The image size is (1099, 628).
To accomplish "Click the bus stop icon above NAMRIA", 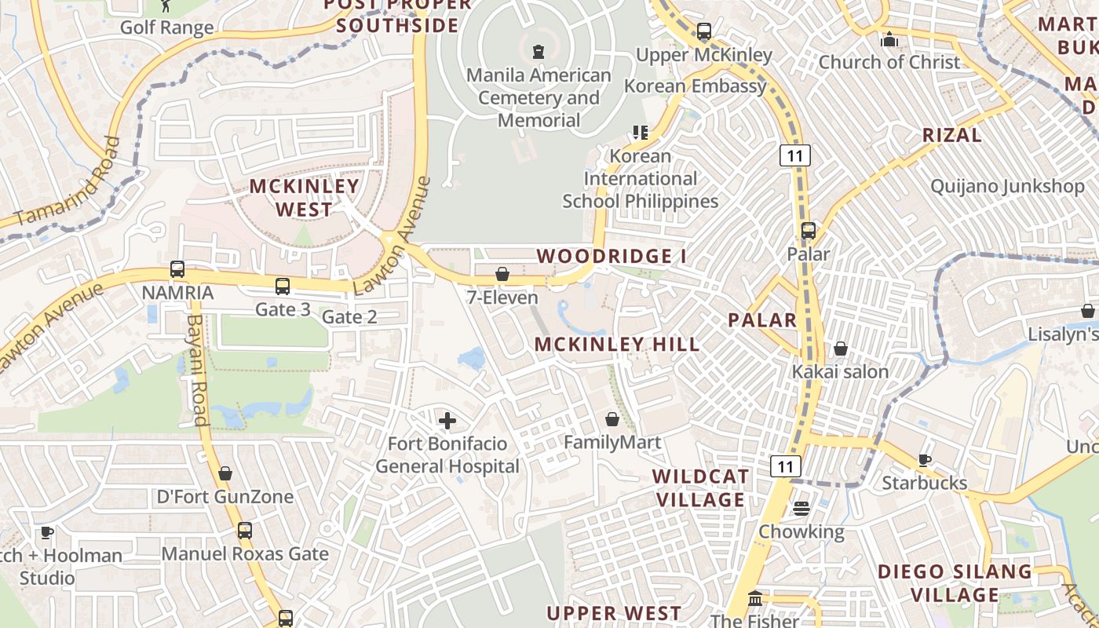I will [177, 269].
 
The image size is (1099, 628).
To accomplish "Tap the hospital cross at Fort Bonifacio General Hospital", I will [447, 421].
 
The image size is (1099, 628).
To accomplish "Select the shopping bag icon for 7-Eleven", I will [502, 274].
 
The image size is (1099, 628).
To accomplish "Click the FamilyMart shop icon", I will [612, 419].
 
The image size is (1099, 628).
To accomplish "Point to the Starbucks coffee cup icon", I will [925, 460].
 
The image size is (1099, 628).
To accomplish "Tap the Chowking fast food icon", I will [801, 509].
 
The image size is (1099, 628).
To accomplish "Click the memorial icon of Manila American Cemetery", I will [539, 53].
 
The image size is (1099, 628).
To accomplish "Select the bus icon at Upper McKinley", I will [704, 32].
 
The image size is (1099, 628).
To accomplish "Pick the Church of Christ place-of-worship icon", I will [889, 38].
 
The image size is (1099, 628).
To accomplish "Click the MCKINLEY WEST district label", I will [305, 198].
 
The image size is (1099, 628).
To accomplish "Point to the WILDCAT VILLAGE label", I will [701, 488].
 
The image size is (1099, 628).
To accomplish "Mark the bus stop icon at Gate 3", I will [283, 287].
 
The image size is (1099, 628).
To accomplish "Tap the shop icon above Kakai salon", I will [841, 349].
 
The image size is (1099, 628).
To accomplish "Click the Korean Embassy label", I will [695, 86].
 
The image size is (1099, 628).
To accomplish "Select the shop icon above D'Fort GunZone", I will [225, 473].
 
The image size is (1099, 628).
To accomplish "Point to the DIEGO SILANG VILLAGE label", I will [955, 582].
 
